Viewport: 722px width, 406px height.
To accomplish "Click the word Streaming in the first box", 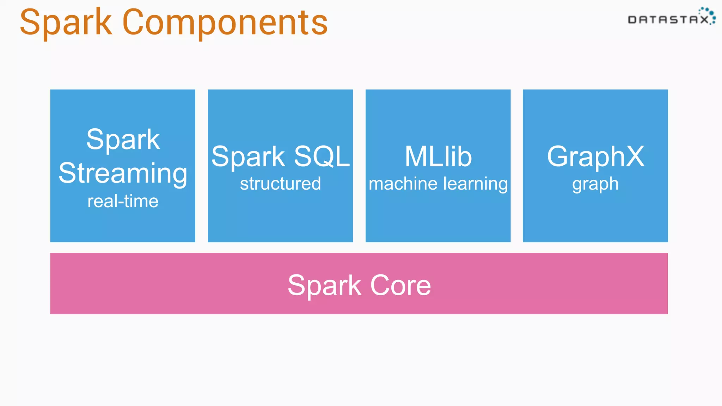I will pyautogui.click(x=123, y=173).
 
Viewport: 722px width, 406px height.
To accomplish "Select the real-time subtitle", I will pyautogui.click(x=123, y=201).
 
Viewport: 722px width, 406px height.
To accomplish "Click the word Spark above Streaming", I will pyautogui.click(x=123, y=140).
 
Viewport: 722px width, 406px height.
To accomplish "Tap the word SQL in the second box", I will pyautogui.click(x=322, y=156).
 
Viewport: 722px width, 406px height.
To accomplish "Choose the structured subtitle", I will pyautogui.click(x=280, y=184).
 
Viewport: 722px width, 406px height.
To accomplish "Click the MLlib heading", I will pyautogui.click(x=438, y=156).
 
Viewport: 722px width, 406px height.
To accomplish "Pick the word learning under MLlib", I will pyautogui.click(x=475, y=184).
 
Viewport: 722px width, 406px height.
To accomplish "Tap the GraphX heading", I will pyautogui.click(x=595, y=156).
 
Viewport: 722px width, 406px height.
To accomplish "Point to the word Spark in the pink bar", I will pyautogui.click(x=324, y=285).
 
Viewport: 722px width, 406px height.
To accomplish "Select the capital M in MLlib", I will pyautogui.click(x=416, y=156).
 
